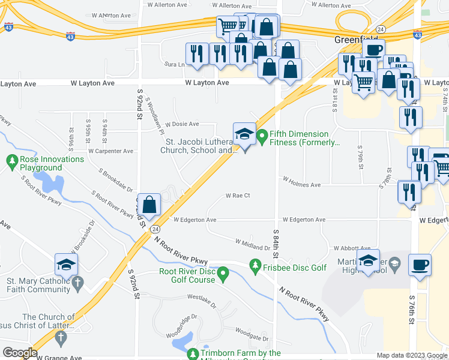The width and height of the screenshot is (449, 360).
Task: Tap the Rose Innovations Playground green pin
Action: coord(12,160)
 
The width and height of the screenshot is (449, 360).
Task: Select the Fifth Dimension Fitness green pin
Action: coord(262,137)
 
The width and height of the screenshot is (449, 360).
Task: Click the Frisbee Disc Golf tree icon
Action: coord(256,265)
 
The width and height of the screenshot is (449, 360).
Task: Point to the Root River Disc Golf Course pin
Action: coord(223,275)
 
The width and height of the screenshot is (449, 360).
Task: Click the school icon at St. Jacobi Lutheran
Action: coord(244,135)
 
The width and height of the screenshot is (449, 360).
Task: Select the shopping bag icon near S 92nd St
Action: coord(149,205)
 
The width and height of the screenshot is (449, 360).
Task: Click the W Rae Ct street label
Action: coord(237,196)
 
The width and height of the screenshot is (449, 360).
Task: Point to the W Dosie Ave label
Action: coord(182,124)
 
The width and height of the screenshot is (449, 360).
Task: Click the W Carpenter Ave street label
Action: coord(110,151)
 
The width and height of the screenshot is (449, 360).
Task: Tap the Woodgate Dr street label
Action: coord(251,330)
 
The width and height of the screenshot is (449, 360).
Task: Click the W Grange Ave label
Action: coord(59,358)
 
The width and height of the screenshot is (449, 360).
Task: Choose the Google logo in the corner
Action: coord(20,353)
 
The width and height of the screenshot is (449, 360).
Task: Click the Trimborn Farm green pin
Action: coord(193,354)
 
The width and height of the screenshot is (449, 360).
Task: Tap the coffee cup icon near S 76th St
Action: coord(420,265)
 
